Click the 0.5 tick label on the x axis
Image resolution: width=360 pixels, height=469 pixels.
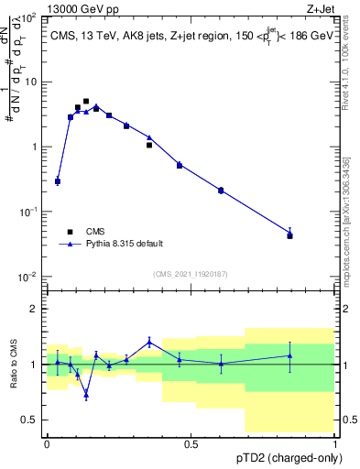(191, 443)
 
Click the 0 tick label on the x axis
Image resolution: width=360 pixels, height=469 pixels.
(47, 443)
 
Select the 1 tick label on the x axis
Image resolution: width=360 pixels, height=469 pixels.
(334, 443)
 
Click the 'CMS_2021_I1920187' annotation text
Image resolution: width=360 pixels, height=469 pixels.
(191, 274)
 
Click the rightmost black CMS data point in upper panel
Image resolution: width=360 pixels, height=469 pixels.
(290, 235)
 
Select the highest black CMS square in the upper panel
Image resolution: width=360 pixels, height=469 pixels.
(86, 102)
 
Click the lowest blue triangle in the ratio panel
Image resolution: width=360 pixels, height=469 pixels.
(86, 395)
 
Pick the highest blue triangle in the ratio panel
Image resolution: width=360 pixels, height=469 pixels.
(149, 342)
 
